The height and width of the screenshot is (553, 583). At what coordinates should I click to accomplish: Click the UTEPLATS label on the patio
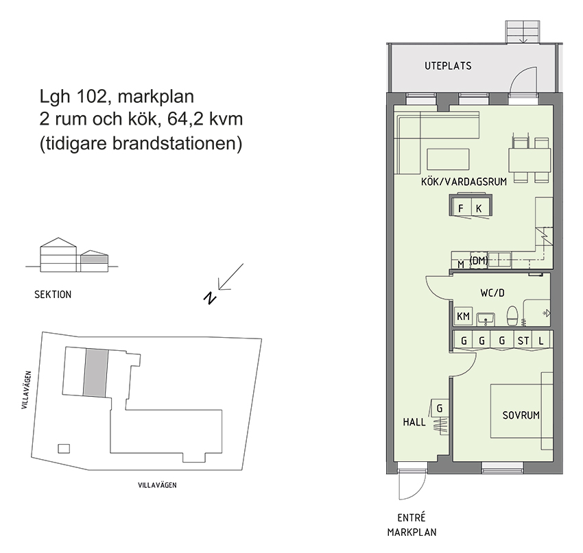pyautogui.click(x=448, y=66)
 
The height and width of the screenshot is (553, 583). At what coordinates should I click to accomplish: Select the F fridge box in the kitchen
pyautogui.click(x=461, y=208)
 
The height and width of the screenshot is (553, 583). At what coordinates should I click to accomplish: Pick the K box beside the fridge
pyautogui.click(x=479, y=208)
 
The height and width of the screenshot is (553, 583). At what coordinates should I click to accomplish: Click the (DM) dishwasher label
pyautogui.click(x=479, y=260)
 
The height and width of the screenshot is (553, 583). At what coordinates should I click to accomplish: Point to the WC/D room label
pyautogui.click(x=492, y=293)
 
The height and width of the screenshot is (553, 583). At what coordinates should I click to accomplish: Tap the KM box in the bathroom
pyautogui.click(x=463, y=317)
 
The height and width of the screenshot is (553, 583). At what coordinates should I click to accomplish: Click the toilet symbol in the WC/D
pyautogui.click(x=512, y=317)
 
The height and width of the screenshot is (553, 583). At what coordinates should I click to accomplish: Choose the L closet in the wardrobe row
pyautogui.click(x=542, y=341)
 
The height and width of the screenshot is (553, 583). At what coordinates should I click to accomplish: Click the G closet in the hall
pyautogui.click(x=440, y=408)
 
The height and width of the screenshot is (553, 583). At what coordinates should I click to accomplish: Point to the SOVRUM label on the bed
pyautogui.click(x=521, y=415)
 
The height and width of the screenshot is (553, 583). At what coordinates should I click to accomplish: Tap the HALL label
pyautogui.click(x=414, y=422)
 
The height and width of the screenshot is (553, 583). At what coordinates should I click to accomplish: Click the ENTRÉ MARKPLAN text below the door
pyautogui.click(x=412, y=524)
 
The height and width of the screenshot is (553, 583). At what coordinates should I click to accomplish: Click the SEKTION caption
pyautogui.click(x=53, y=295)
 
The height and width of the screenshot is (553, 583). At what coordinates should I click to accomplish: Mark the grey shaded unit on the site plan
pyautogui.click(x=95, y=372)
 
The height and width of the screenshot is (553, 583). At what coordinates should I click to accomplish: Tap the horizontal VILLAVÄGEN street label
pyautogui.click(x=158, y=484)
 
